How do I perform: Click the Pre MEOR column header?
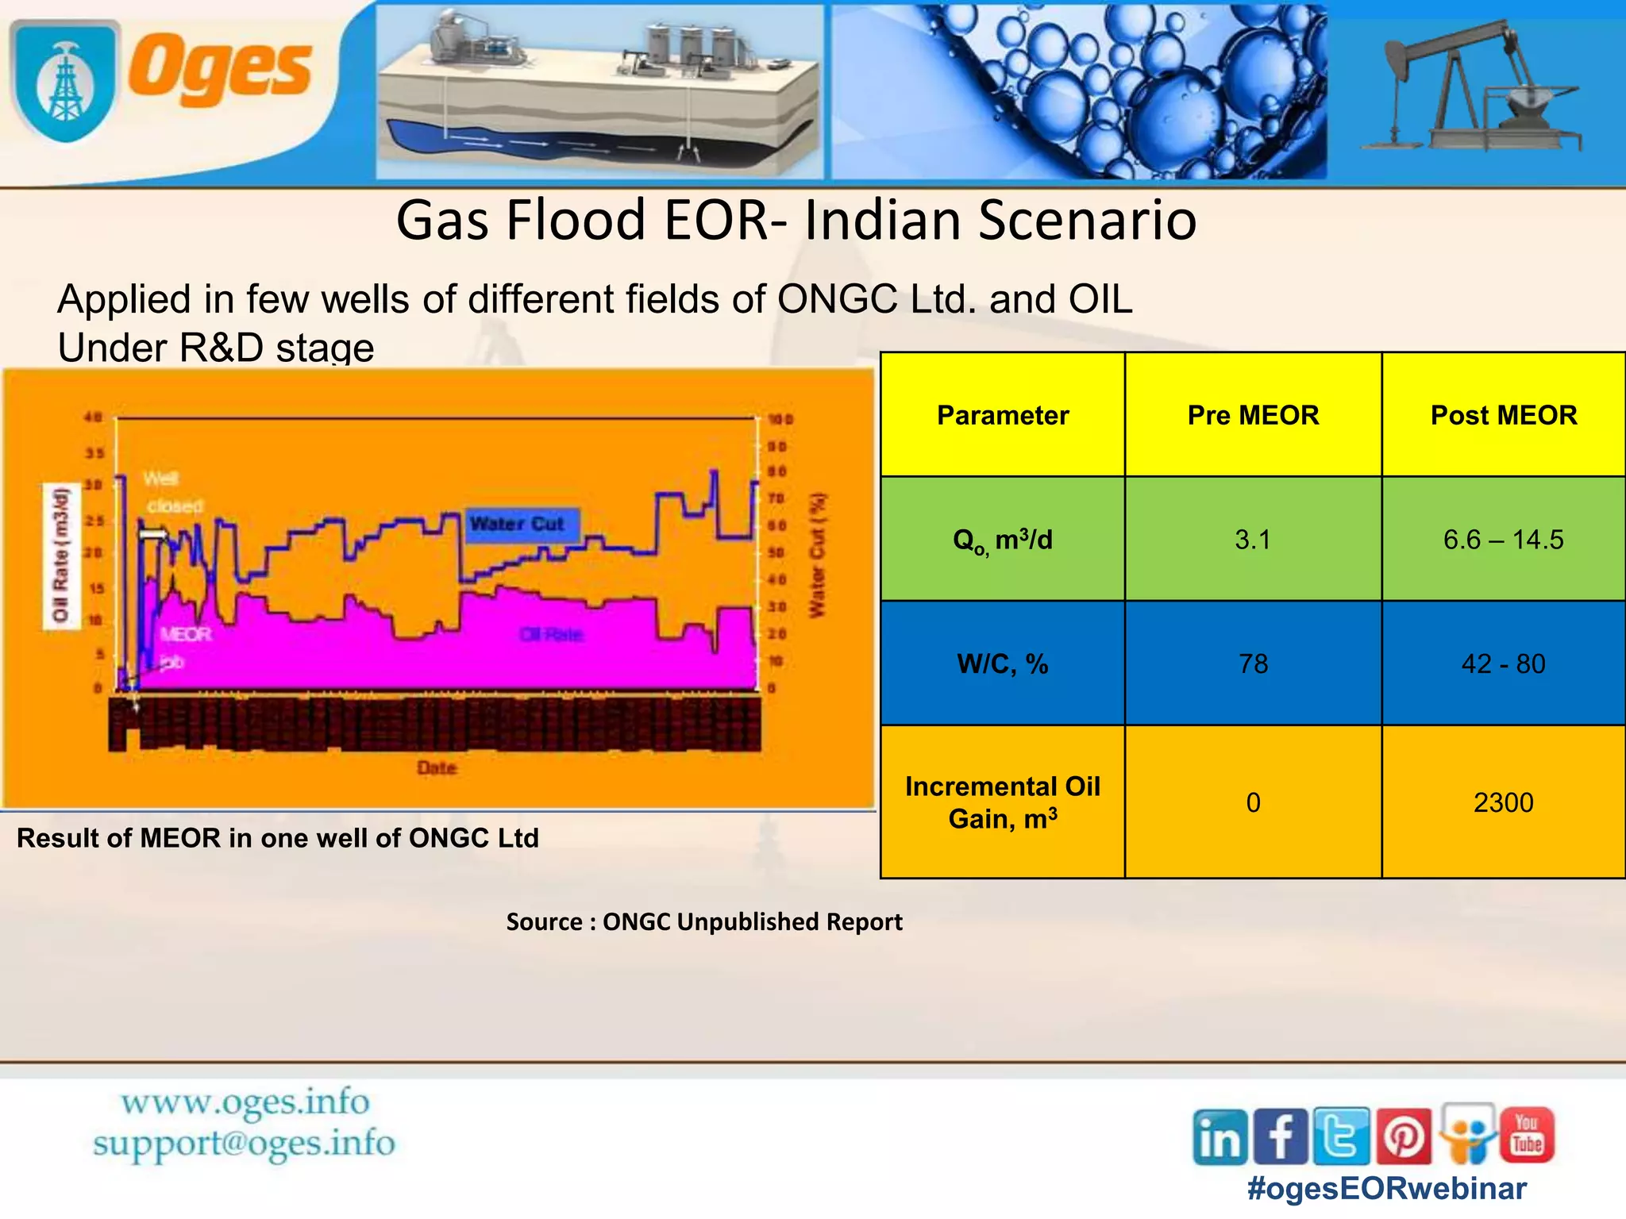(x=1253, y=415)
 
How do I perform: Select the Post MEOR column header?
(x=1503, y=415)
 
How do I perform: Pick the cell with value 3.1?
(x=1253, y=540)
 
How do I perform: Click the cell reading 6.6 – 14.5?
(x=1503, y=540)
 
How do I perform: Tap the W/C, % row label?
(x=1002, y=663)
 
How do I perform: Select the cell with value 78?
(x=1253, y=663)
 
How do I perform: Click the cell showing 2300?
(x=1503, y=802)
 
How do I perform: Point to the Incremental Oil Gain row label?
(x=1002, y=802)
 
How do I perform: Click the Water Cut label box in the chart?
(x=521, y=525)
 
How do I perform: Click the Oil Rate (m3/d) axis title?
(x=61, y=556)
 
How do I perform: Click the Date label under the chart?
(x=437, y=767)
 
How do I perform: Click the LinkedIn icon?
(x=1219, y=1137)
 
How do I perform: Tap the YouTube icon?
(x=1526, y=1135)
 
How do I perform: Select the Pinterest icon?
(x=1404, y=1137)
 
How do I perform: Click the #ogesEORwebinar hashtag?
(x=1386, y=1189)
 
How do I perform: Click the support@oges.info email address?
(x=244, y=1144)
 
